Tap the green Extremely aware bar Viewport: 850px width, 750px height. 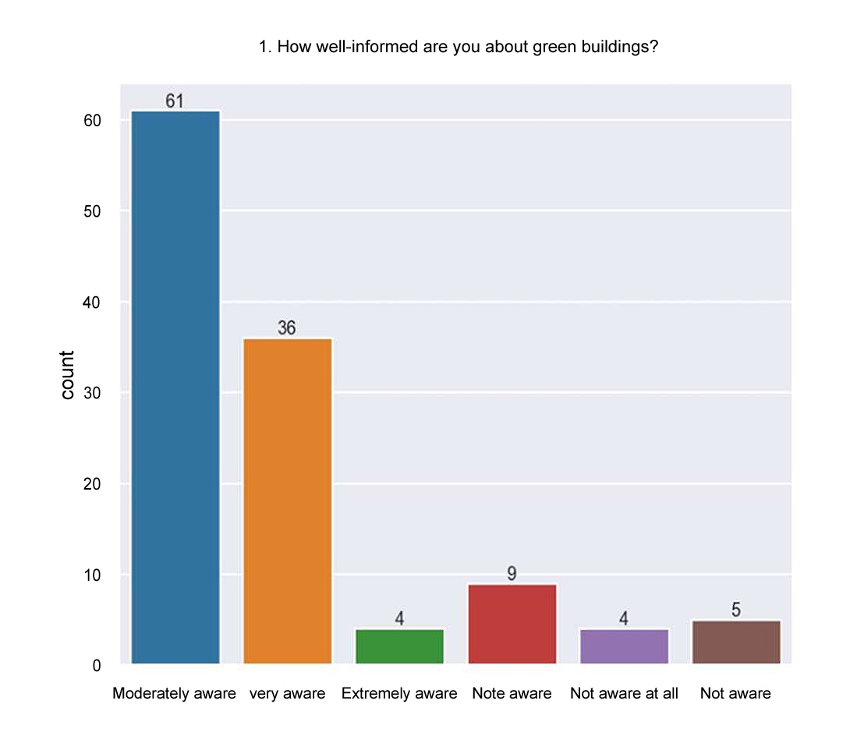click(x=399, y=646)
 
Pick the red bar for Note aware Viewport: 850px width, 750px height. click(x=512, y=624)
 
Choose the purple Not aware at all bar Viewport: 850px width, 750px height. click(x=625, y=646)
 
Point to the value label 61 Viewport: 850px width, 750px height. click(x=175, y=101)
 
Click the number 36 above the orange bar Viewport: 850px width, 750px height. click(x=287, y=328)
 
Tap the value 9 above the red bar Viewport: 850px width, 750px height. click(x=512, y=574)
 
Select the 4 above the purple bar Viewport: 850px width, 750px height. click(x=624, y=619)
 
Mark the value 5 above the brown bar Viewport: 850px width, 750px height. click(x=736, y=610)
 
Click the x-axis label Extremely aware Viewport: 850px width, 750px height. click(x=399, y=694)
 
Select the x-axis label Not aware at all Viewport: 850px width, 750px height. click(x=624, y=694)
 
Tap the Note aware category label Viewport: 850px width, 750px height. click(x=512, y=694)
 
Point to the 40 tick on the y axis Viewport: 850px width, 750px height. click(x=92, y=302)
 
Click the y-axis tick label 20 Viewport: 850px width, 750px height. click(x=92, y=484)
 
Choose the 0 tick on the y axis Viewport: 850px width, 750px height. click(x=97, y=666)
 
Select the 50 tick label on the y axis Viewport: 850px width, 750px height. click(x=92, y=211)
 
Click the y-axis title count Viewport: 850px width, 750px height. click(x=68, y=375)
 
